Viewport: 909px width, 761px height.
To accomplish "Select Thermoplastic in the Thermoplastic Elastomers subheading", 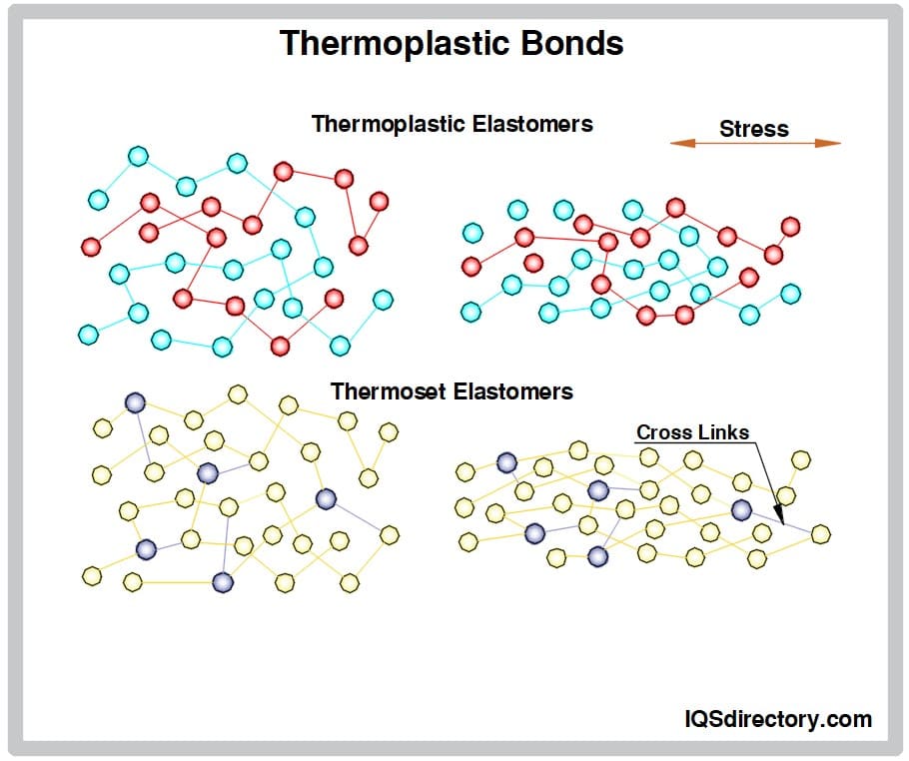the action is click(x=389, y=124).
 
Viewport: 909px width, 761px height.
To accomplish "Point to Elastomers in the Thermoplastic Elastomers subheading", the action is click(x=532, y=124).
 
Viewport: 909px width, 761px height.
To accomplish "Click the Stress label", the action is click(x=753, y=129).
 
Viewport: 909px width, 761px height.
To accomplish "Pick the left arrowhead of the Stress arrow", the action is click(x=682, y=143).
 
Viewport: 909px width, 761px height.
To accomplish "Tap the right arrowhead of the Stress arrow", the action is click(x=828, y=143).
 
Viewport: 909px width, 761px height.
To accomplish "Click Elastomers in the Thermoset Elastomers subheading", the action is click(x=513, y=391).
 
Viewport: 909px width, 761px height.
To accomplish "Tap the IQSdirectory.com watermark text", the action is click(x=778, y=719).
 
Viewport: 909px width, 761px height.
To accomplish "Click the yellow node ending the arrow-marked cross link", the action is click(x=821, y=534).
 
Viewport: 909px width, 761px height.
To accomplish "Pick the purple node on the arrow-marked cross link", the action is click(x=741, y=510).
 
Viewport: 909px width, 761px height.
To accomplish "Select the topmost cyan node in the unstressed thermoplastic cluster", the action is click(x=138, y=156).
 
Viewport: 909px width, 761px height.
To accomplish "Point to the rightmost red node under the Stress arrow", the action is click(x=791, y=227).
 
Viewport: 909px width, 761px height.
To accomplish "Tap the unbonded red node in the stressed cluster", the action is click(x=533, y=263).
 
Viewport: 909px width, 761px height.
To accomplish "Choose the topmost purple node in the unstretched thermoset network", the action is click(x=135, y=402).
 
